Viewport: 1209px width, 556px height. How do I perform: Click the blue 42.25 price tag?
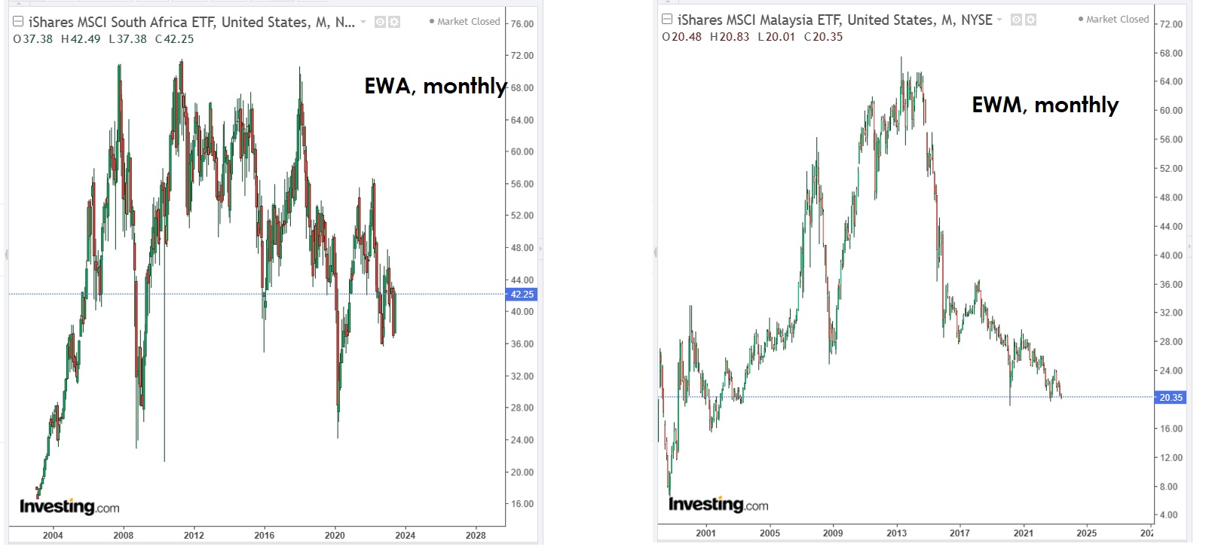pos(522,295)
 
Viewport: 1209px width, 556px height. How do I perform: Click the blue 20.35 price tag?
pos(1171,397)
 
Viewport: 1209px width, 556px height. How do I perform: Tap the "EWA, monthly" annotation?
pos(435,87)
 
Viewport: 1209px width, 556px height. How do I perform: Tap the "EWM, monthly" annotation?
pos(1045,105)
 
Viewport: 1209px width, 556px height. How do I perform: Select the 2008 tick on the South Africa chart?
pos(124,536)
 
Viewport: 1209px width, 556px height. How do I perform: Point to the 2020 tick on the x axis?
pos(335,536)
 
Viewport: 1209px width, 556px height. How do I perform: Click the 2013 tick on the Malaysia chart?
pos(897,533)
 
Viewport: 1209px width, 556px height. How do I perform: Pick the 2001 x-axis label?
pos(706,533)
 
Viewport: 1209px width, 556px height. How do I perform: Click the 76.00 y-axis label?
pos(522,24)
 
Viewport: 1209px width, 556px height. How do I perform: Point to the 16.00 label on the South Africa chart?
pos(522,504)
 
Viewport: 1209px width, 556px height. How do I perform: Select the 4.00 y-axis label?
pos(1168,515)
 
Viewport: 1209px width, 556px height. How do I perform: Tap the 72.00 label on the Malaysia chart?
pos(1171,24)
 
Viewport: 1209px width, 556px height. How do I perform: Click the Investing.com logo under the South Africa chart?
pos(69,507)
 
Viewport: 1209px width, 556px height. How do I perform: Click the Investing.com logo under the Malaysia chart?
pos(718,505)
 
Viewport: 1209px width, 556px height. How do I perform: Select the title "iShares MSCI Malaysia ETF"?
pos(761,20)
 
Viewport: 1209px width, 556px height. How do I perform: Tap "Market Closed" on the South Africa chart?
pos(468,22)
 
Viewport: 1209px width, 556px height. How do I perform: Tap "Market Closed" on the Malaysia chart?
pos(1117,20)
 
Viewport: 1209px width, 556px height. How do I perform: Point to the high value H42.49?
pos(81,39)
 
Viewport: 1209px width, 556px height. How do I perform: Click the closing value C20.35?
pos(823,37)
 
